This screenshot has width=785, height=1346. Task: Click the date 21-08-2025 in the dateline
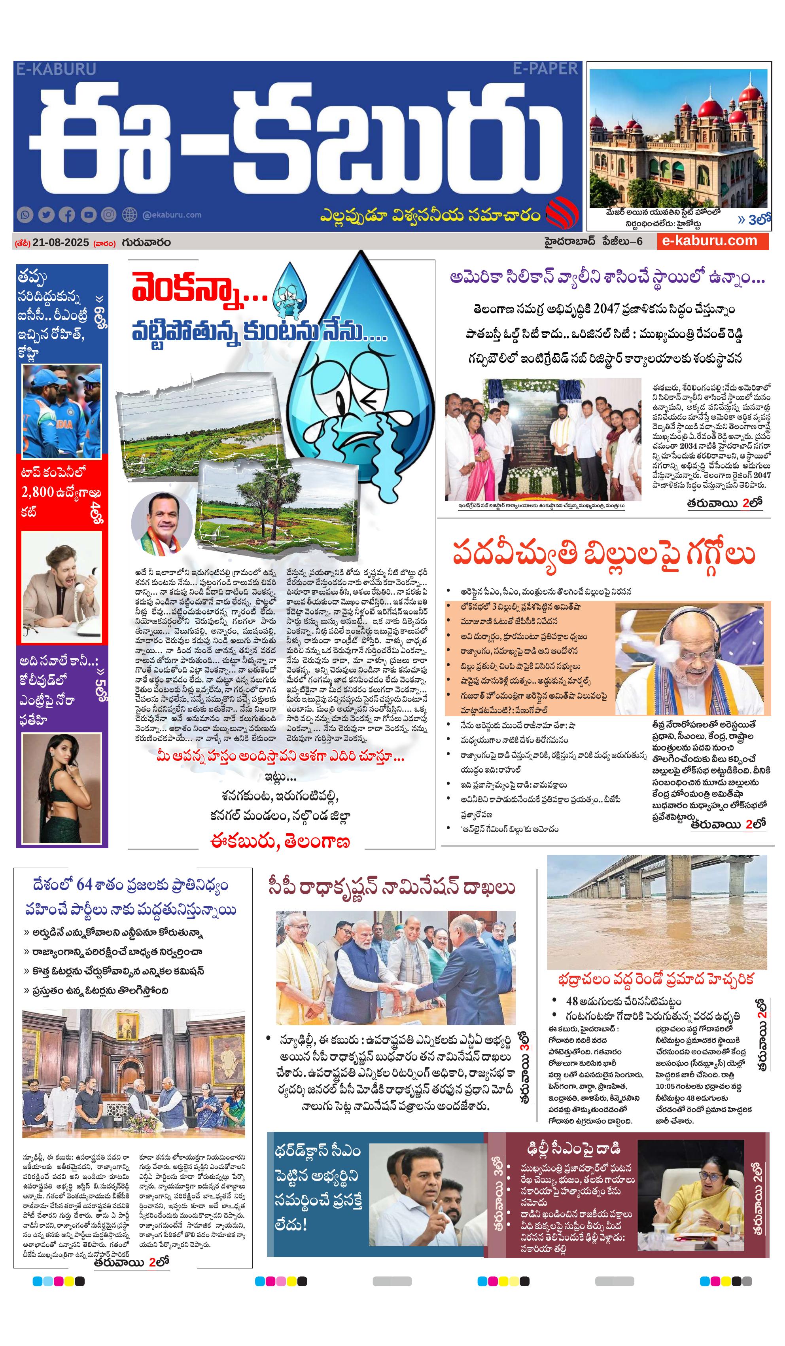click(x=61, y=243)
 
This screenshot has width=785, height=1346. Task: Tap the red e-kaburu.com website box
click(x=712, y=241)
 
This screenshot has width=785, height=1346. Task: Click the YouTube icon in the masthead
click(x=88, y=215)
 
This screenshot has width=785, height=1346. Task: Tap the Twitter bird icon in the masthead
click(x=46, y=215)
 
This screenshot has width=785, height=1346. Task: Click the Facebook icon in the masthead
click(x=67, y=215)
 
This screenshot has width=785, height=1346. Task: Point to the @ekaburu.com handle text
click(x=172, y=215)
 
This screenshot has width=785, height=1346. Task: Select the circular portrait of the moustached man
click(x=163, y=524)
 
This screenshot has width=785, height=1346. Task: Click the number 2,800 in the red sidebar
click(x=38, y=492)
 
